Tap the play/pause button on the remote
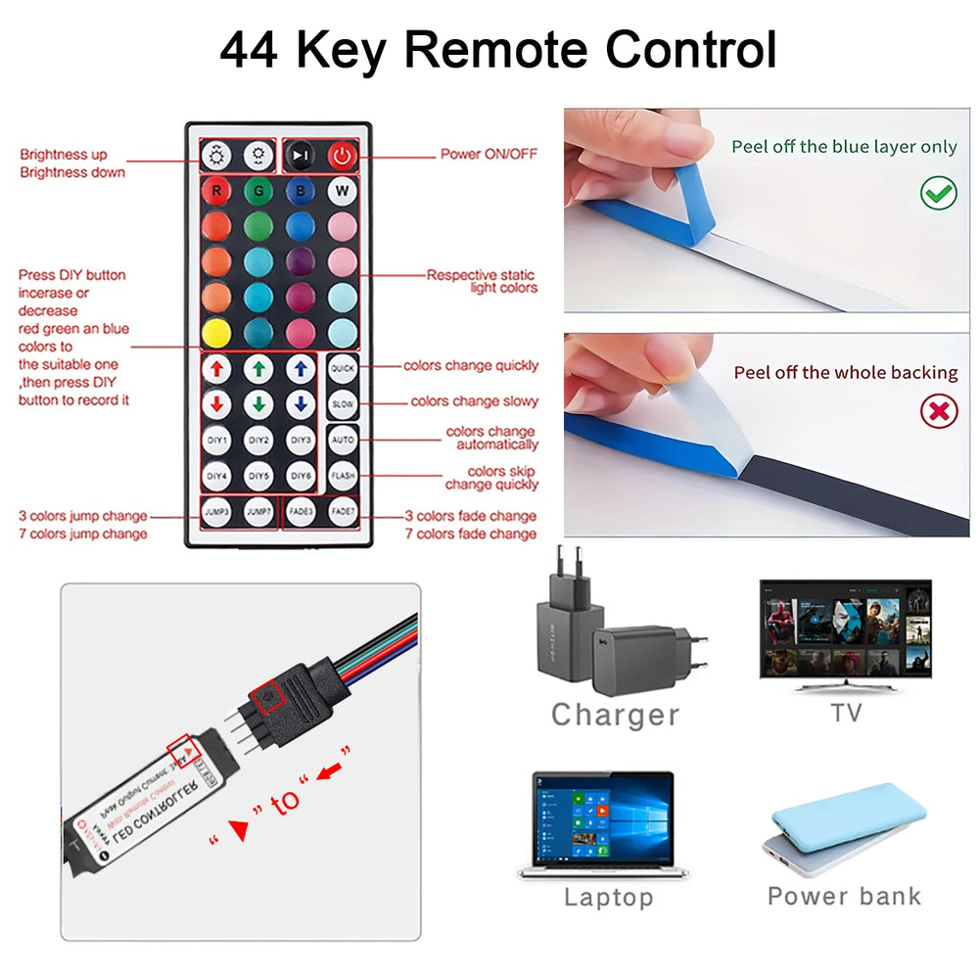pos(301,155)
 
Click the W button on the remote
pos(343,190)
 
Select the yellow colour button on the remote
pos(215,332)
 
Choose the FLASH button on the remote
pos(343,476)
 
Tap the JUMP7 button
pos(258,511)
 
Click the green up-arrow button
pos(258,369)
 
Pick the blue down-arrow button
pos(301,404)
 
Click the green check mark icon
pos(939,193)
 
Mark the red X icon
pos(939,411)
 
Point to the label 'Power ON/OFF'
pos(489,155)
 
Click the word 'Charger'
pos(615,715)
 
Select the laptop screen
pos(603,818)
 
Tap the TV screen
pos(846,629)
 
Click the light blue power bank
pos(848,818)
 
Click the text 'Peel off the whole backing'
pos(846,373)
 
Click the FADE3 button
pos(301,511)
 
